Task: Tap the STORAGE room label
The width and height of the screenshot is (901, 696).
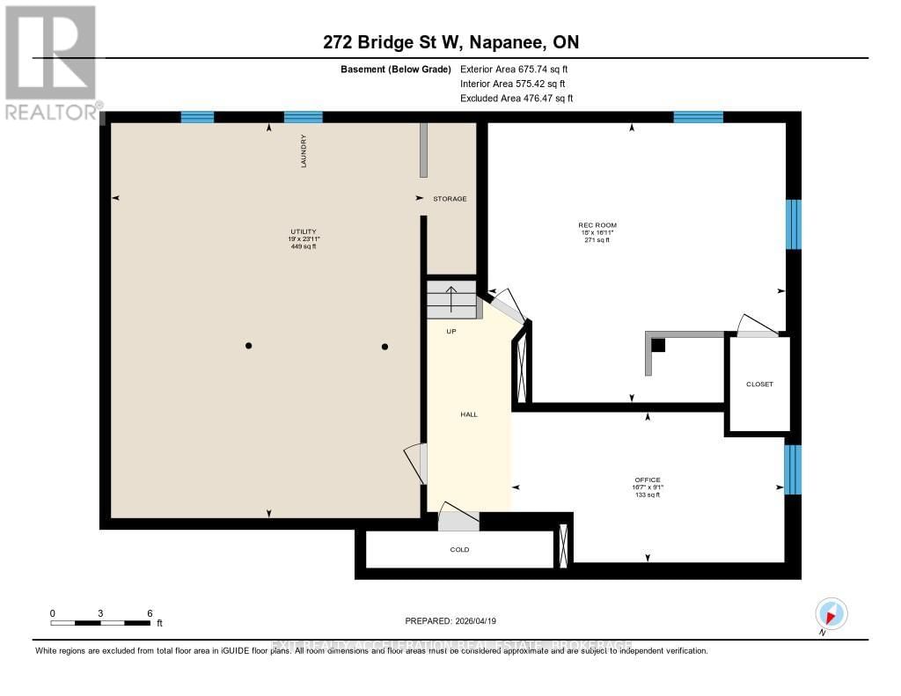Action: tap(450, 199)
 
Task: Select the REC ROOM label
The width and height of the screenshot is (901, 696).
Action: tap(603, 225)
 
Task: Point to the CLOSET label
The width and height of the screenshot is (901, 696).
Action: tap(759, 385)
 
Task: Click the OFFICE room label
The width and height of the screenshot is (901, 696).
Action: tap(648, 480)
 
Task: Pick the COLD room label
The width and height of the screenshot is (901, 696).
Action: tap(459, 550)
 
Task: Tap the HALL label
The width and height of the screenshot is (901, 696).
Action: tap(469, 414)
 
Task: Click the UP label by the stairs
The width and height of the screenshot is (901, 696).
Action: tap(450, 332)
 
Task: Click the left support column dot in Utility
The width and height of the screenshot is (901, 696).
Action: tap(249, 346)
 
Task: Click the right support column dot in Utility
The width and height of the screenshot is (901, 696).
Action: tap(385, 346)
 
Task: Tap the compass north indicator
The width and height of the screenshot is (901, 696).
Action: tap(831, 614)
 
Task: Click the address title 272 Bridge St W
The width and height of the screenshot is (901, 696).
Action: tap(450, 42)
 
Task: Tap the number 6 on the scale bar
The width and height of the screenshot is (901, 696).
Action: tap(150, 613)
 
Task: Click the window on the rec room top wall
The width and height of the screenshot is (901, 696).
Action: tap(698, 117)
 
